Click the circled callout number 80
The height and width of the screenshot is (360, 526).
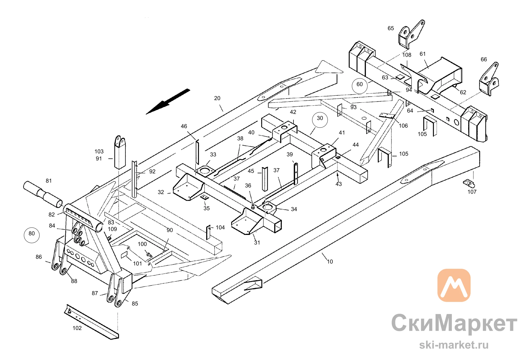32,235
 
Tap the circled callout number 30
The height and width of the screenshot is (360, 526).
320,120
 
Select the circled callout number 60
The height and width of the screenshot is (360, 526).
360,86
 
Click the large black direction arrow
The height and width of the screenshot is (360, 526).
168,101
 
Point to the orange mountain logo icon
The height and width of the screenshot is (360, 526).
454,285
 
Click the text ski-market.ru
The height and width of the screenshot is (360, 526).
454,345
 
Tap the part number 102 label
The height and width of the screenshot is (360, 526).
77,328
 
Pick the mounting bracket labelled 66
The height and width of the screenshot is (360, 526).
489,79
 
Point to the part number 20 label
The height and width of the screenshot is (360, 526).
217,98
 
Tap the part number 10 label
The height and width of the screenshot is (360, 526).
330,262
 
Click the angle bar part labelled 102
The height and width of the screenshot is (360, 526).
91,322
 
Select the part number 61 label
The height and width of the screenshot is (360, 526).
423,54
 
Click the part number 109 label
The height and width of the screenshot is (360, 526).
112,229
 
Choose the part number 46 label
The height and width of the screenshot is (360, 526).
184,126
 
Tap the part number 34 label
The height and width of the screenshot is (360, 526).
294,209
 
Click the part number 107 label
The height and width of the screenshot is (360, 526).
472,192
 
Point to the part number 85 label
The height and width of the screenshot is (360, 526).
135,304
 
